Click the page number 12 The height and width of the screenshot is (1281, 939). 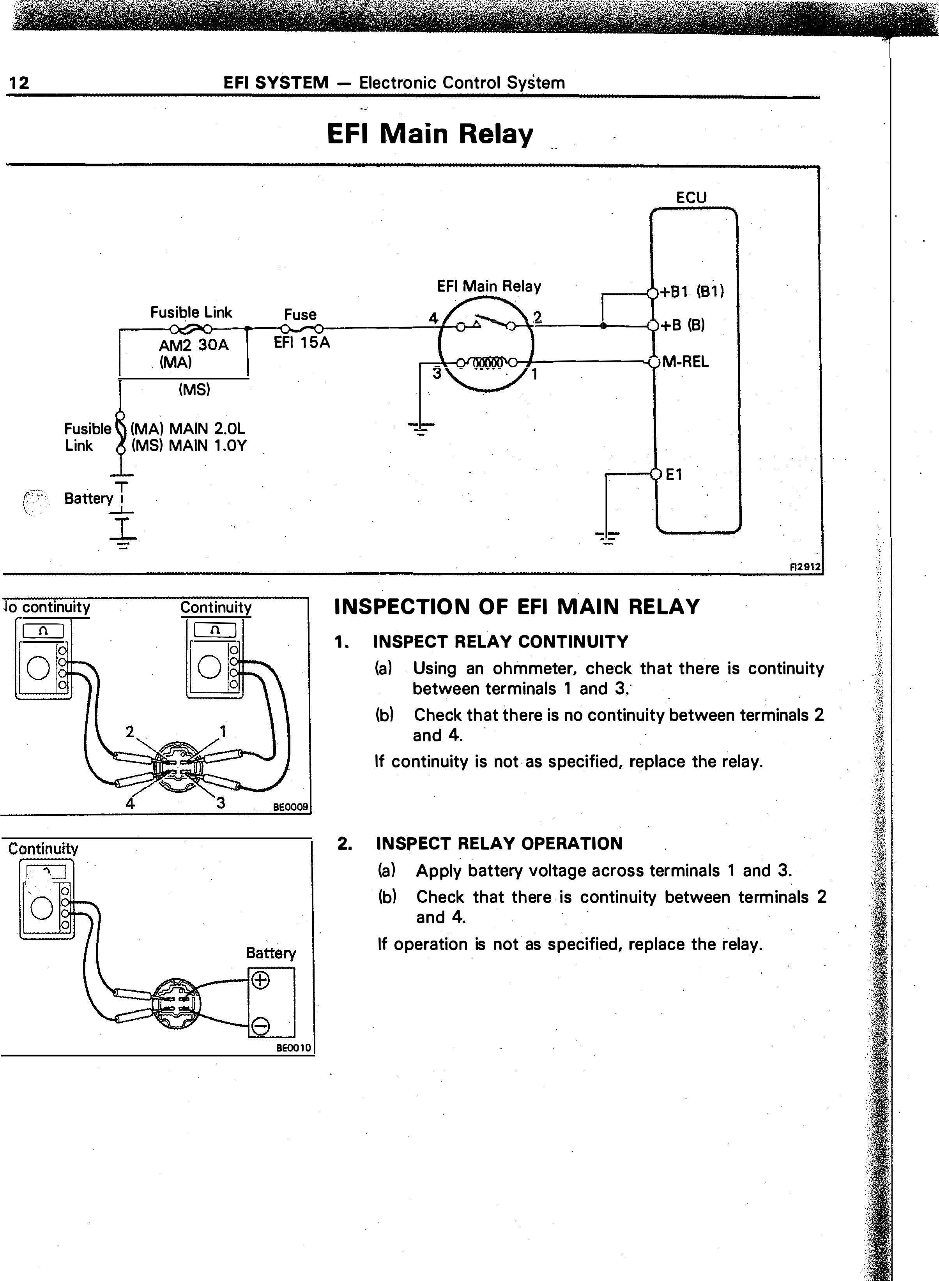[x=18, y=83]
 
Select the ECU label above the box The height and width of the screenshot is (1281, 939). [x=691, y=198]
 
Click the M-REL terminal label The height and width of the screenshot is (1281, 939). [x=686, y=362]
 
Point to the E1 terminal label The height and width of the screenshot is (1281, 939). [x=674, y=475]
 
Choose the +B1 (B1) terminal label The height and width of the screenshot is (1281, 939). [x=692, y=292]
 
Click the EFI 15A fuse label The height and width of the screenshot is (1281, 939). [x=302, y=343]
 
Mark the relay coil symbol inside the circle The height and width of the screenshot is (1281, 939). [x=486, y=362]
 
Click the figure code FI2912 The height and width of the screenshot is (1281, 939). [x=806, y=566]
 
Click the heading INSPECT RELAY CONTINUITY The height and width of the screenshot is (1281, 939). [x=501, y=642]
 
